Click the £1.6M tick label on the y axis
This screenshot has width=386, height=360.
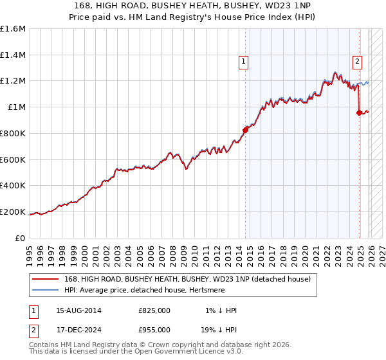13,29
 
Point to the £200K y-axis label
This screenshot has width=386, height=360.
13,212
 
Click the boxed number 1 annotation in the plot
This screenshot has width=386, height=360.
244,62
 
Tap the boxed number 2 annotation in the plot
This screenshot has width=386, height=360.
357,62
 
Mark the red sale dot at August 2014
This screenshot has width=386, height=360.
245,130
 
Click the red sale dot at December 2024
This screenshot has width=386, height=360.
359,113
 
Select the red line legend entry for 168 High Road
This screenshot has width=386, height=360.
187,279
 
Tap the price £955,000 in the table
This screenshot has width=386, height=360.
154,328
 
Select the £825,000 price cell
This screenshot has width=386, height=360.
154,310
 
